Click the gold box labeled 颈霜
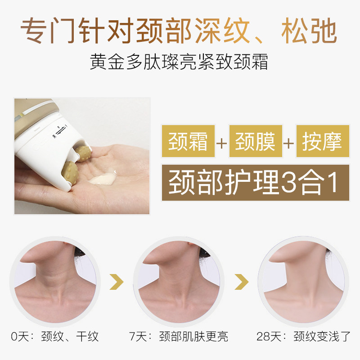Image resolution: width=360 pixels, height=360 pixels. coord(188,142)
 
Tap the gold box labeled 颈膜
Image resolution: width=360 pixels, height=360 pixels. coord(255,142)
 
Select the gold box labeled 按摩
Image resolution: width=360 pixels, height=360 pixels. coord(322,142)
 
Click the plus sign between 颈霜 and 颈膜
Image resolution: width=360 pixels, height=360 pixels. coord(221,143)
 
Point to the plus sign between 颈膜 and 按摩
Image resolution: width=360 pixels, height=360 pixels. coord(288,143)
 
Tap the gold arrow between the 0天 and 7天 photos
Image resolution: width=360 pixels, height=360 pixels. coord(117,283)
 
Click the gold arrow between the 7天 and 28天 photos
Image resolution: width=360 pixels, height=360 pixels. coord(242,283)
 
